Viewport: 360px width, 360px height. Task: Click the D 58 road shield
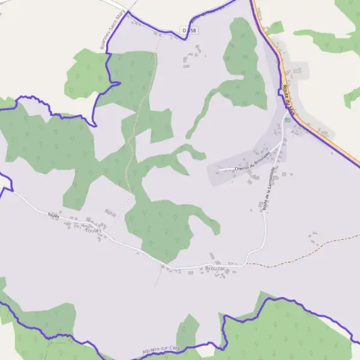pos(190,30)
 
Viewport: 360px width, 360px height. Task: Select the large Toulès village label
pos(94,230)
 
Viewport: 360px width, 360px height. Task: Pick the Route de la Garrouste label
pos(269,188)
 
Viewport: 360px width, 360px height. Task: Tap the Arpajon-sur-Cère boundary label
pos(162,349)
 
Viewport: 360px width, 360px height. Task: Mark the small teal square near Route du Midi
pos(287,119)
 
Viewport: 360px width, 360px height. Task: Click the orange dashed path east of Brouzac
pos(300,249)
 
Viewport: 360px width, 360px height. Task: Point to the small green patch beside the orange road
pos(276,27)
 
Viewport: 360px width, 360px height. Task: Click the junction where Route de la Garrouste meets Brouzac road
pos(246,263)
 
